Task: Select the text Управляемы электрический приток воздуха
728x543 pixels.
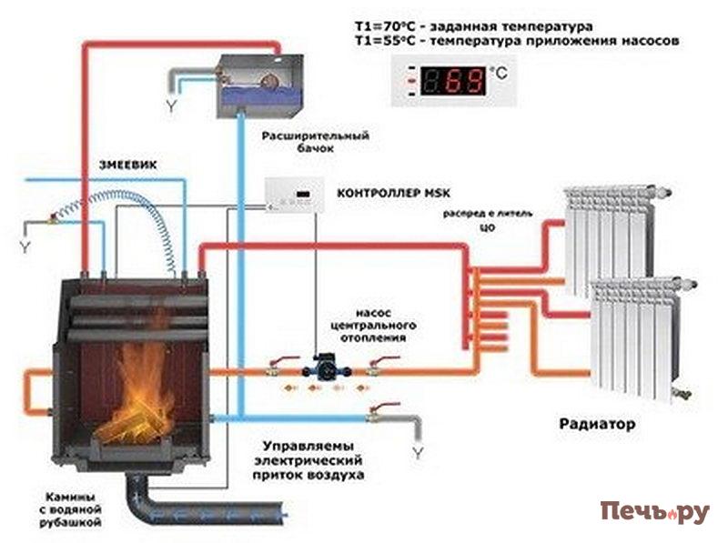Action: point(311,461)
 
